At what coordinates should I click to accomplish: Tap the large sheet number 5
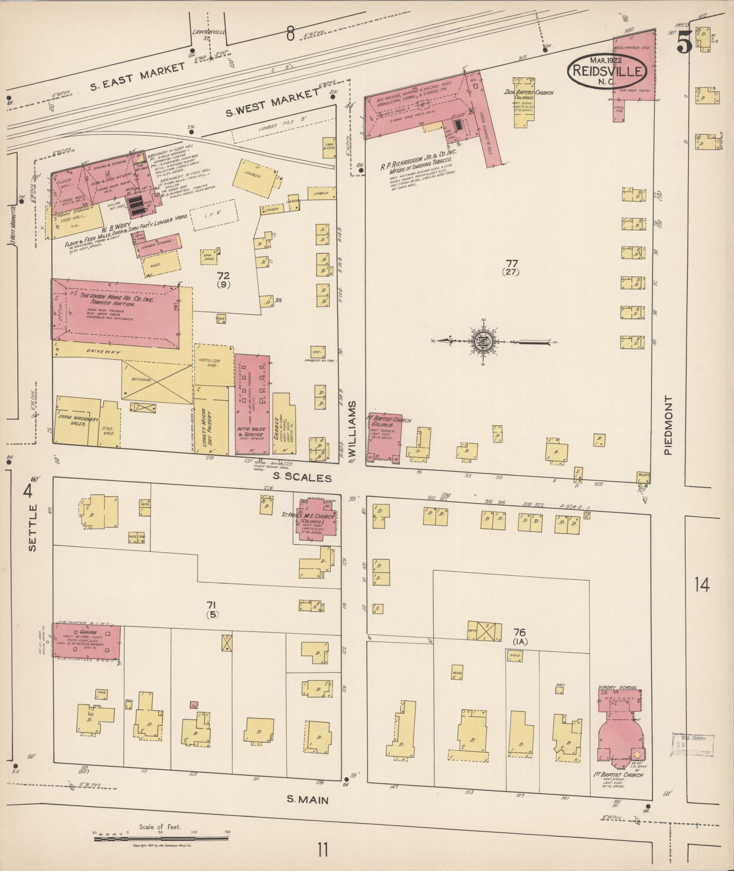coord(684,44)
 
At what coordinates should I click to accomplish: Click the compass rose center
coord(483,341)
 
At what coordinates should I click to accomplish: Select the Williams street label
coord(353,428)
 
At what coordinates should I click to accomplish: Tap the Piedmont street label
coord(668,425)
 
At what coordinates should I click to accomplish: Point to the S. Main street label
coord(307,799)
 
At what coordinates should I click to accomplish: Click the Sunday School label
coord(618,688)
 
